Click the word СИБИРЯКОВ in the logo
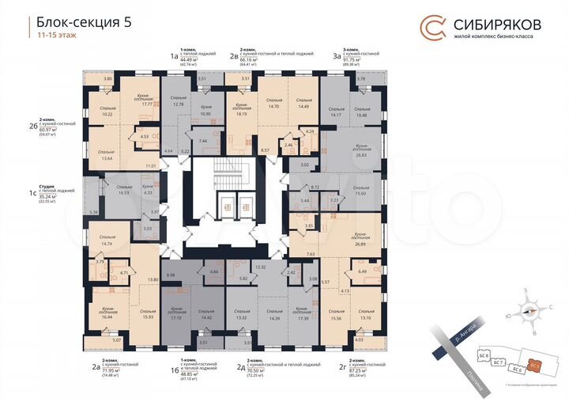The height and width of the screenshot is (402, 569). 497,22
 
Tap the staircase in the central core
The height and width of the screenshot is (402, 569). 234,170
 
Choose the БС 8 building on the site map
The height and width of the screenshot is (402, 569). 487,354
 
